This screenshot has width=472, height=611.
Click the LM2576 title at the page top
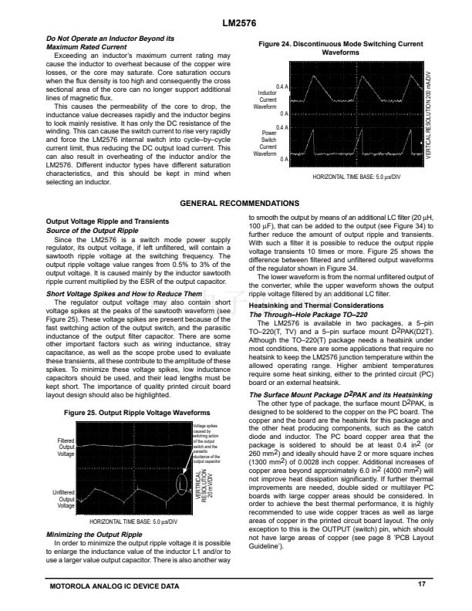point(236,25)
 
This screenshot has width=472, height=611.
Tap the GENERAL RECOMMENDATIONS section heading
point(235,203)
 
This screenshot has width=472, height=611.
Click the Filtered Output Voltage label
point(66,447)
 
